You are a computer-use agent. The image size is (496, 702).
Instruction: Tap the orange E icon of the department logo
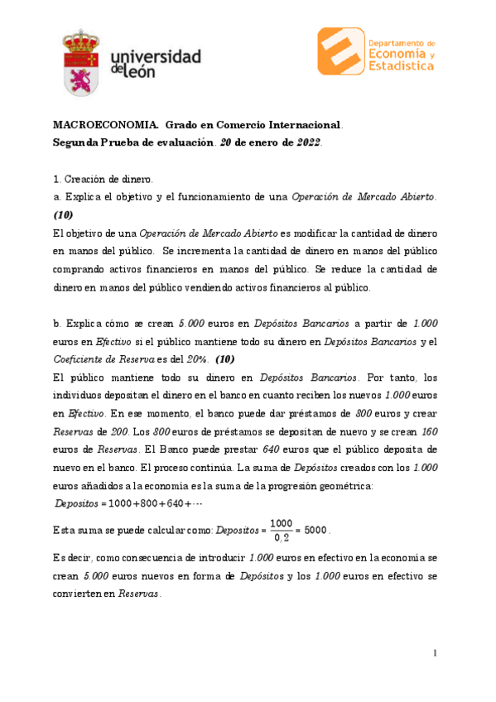coord(341,52)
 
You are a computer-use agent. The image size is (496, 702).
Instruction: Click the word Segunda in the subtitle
coord(75,142)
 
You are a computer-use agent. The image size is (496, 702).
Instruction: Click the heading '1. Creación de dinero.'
coord(104,179)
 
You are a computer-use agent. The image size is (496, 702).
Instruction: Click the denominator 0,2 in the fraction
coord(283,539)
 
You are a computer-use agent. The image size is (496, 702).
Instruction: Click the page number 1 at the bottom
coord(435,654)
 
